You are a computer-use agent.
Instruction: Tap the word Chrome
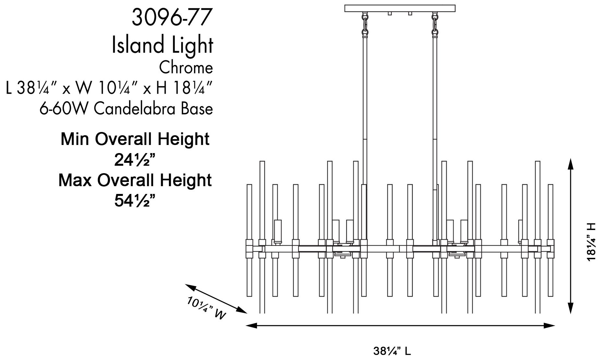(186, 68)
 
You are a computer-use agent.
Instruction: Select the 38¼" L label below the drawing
(392, 351)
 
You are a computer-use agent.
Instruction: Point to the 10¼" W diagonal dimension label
(206, 308)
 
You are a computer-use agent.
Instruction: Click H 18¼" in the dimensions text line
(184, 88)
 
